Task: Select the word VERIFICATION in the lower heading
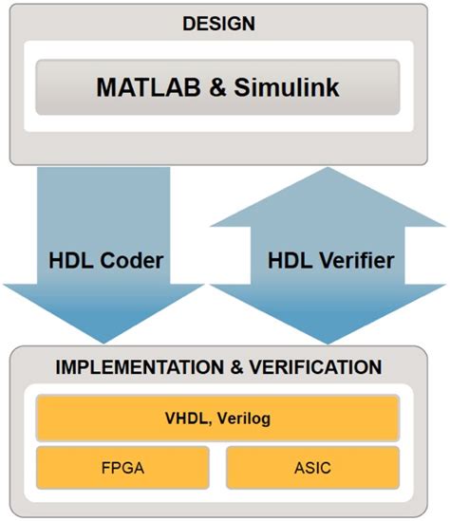[319, 366]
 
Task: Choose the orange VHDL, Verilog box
[217, 418]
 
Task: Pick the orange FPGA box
[122, 468]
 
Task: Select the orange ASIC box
[311, 468]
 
